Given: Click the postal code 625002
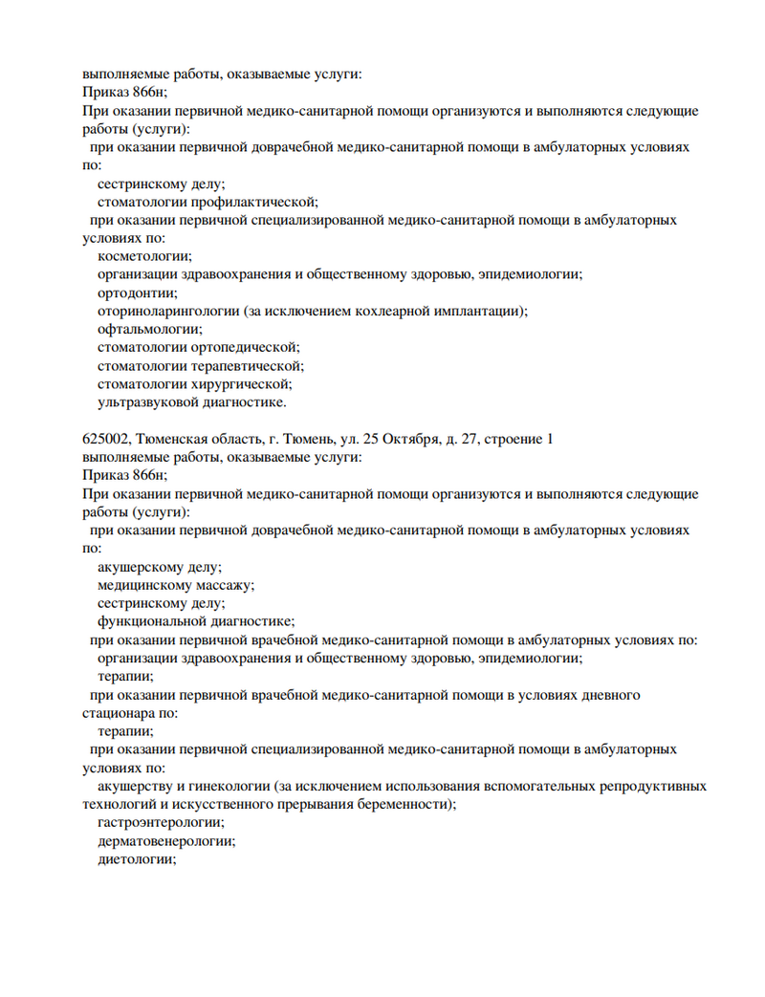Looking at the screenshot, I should click(103, 440).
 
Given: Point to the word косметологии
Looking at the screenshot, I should click(144, 256).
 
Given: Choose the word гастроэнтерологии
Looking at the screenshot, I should click(161, 822).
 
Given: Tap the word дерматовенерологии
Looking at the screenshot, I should click(166, 841).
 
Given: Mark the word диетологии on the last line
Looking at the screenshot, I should click(137, 859).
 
